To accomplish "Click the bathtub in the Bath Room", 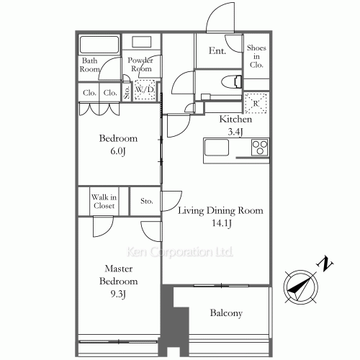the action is coord(99,45).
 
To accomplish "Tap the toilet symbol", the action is coord(231,82).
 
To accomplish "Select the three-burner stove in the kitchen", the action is coord(259,147).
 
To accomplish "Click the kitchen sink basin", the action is coord(216,147).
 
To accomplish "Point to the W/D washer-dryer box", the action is coord(144,90).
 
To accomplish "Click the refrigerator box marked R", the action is coord(256,103).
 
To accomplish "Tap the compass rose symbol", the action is coord(300,287).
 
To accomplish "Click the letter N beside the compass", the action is coord(325,264).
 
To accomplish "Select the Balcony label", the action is coord(226,313).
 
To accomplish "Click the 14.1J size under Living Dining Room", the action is coord(221,223).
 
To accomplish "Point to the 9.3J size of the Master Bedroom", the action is coord(118,294).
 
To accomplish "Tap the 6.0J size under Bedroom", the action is coord(118,151).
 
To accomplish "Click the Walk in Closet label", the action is coord(104,202).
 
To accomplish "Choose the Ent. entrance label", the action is coord(217,50).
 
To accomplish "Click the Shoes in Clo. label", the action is coord(256,56).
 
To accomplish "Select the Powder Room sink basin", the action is coord(142,42).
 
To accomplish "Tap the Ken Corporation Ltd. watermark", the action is coord(179,252).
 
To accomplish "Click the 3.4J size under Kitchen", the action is coord(235,132).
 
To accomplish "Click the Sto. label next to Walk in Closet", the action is coord(146,201).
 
